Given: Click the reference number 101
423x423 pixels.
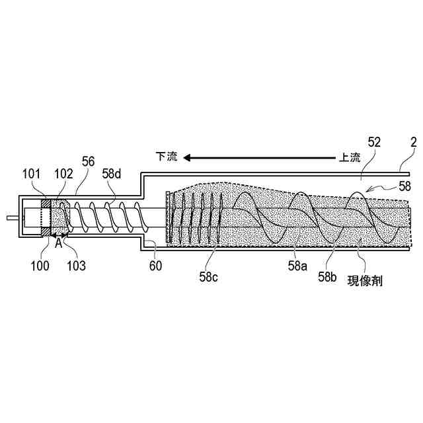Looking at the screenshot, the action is tap(31, 174).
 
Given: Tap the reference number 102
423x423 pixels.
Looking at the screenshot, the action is tap(63, 174).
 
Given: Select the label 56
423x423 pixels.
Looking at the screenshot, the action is tap(87, 161).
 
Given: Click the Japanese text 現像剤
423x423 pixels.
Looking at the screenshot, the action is tap(365, 280).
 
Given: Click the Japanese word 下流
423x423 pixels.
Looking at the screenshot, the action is tap(167, 157).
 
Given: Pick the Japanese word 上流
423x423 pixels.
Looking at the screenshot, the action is tap(350, 157).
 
